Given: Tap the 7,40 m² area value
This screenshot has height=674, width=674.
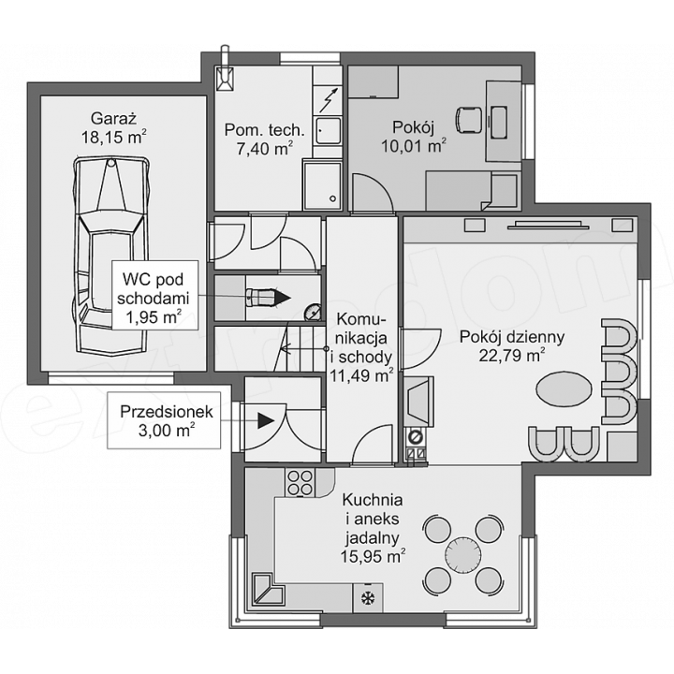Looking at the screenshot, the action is click(x=265, y=148).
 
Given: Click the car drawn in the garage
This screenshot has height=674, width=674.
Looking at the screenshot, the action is click(x=112, y=256).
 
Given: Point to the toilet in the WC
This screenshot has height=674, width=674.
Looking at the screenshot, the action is click(x=260, y=298).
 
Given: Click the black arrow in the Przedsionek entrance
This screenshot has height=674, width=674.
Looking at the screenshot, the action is click(x=266, y=420).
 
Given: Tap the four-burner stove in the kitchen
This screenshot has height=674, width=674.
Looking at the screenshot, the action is click(x=300, y=483).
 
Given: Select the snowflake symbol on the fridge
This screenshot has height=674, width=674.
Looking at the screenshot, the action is click(x=368, y=598).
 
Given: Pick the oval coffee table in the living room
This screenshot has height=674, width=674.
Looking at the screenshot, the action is click(x=564, y=388).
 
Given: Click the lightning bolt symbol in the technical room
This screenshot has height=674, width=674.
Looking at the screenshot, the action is click(x=328, y=100).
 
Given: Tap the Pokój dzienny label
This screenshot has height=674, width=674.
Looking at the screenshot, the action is click(x=512, y=337).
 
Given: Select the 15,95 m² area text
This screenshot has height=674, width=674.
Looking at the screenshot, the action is click(x=373, y=556).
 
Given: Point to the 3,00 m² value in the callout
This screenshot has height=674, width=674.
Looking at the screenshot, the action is click(x=167, y=431).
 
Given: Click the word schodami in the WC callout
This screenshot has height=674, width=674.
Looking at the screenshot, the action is click(x=153, y=298).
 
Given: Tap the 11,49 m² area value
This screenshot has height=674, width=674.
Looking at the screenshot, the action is click(x=361, y=375).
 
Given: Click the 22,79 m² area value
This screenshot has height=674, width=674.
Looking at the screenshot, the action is click(x=512, y=356).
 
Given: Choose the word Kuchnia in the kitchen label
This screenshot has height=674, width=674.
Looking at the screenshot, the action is click(x=373, y=500).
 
